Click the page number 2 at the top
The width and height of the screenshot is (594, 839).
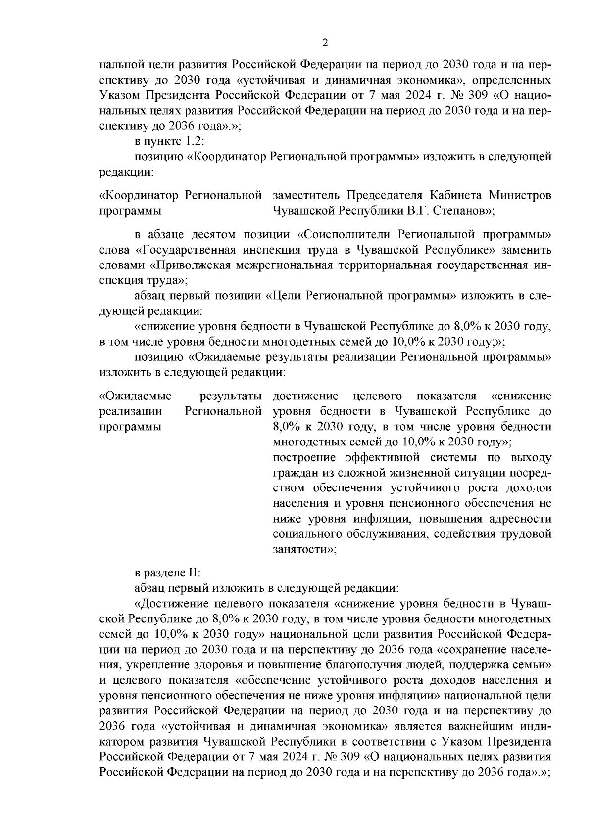click(x=325, y=43)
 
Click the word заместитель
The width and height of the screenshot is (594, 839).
click(x=307, y=195)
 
